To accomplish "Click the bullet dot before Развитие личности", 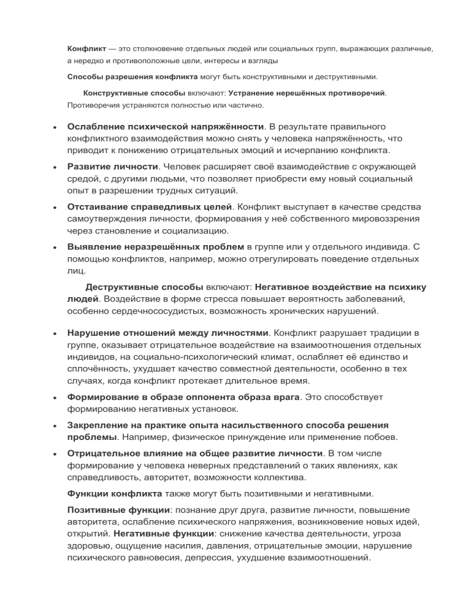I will pyautogui.click(x=56, y=167).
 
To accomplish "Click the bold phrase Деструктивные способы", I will pyautogui.click(x=144, y=286).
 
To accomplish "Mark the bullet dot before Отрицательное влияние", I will pyautogui.click(x=56, y=454).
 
